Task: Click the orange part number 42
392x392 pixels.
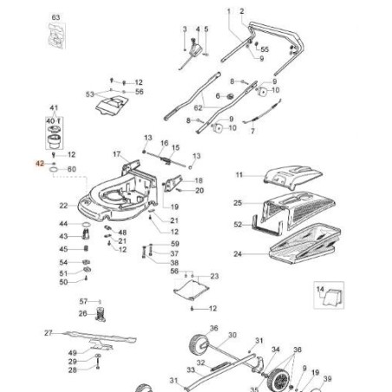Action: tap(40, 162)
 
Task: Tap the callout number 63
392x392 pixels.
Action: tap(56, 17)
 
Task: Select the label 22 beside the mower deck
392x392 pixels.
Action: tap(63, 206)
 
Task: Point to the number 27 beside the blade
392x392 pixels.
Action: tap(49, 332)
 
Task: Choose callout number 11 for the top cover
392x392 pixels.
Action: tap(239, 176)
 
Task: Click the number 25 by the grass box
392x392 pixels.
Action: tap(237, 203)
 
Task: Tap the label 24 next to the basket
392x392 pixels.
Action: tap(237, 254)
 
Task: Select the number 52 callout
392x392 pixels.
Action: tap(237, 225)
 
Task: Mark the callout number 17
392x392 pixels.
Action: tap(115, 154)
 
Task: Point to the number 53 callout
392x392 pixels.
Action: tap(89, 93)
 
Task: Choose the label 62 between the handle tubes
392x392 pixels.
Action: tap(197, 107)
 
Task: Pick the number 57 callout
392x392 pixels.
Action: tap(84, 300)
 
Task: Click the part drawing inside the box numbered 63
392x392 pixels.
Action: tap(56, 38)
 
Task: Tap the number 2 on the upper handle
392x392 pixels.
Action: tap(241, 10)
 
